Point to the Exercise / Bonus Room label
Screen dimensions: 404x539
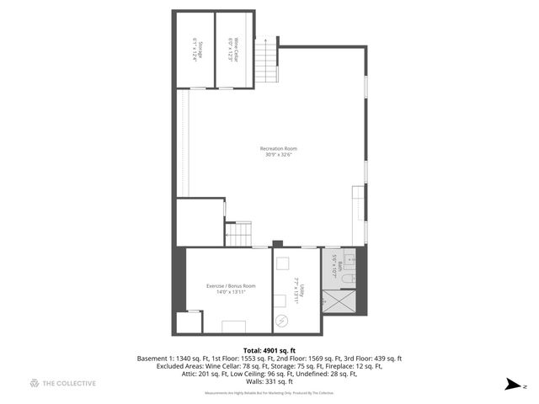(231, 285)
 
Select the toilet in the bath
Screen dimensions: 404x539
(353, 274)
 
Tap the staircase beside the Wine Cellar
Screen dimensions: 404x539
(266, 61)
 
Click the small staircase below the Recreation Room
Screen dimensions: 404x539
(239, 233)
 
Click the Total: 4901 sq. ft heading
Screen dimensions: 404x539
(269, 349)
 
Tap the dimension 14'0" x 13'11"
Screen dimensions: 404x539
(231, 291)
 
